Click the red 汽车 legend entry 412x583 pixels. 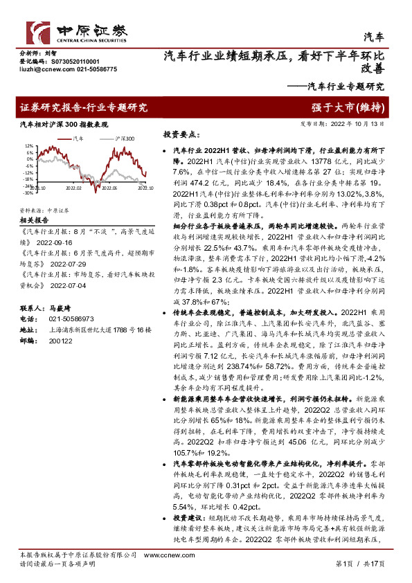(x=78, y=138)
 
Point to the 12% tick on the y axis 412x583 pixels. (x=28, y=147)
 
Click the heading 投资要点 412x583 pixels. (x=181, y=134)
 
